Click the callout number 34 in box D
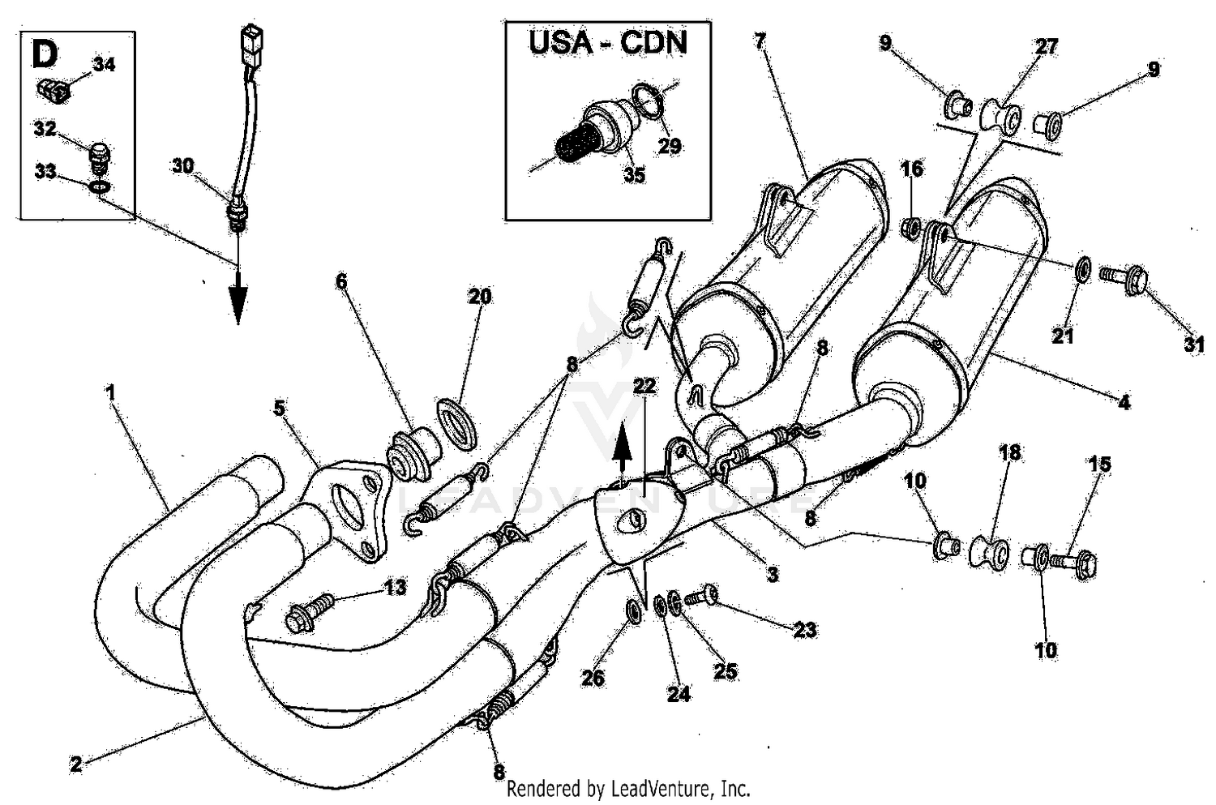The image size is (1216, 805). click(104, 64)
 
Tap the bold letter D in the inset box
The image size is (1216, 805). click(45, 55)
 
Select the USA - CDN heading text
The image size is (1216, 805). click(608, 42)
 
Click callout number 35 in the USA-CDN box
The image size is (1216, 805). click(635, 173)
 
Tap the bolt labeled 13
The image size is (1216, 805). click(310, 612)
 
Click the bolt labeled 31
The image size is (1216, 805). click(1122, 280)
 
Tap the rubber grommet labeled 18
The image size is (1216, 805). click(989, 553)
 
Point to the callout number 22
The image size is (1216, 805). click(644, 387)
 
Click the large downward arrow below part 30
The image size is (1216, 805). click(238, 304)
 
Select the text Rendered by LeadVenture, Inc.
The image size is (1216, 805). click(628, 789)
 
